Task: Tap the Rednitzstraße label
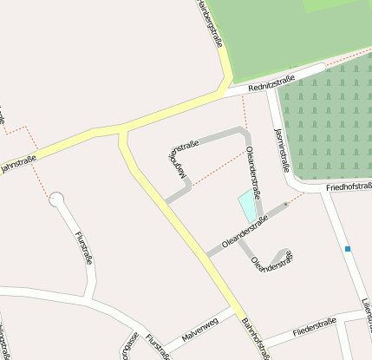[x=271, y=83]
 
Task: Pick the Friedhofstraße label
[x=349, y=187]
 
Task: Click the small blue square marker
[x=348, y=249]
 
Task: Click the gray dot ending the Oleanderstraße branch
[x=285, y=205]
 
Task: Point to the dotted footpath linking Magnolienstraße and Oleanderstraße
[x=217, y=168]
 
